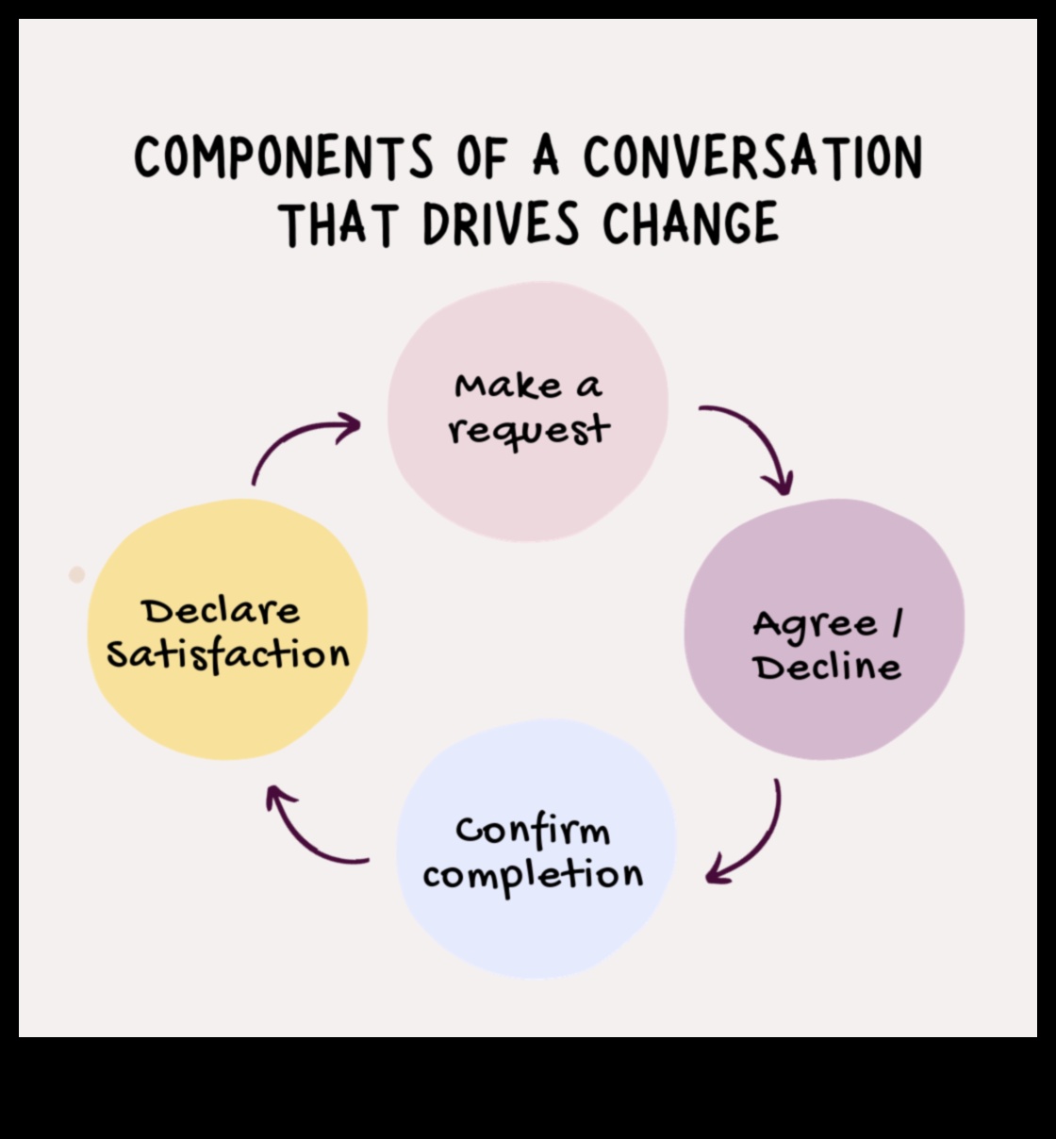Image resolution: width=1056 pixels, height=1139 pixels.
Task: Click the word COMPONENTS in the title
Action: click(284, 157)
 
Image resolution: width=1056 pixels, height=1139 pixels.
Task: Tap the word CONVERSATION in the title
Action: click(752, 157)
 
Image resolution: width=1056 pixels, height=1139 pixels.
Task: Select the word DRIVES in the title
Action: click(500, 224)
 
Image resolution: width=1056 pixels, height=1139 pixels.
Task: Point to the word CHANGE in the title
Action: click(691, 224)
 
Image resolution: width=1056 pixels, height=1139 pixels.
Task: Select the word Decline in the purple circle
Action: click(827, 668)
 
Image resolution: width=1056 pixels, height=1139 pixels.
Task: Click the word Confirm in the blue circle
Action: click(533, 832)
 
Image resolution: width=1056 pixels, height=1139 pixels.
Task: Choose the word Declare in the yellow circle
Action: click(222, 611)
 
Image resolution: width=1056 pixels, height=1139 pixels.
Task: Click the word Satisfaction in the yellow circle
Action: click(227, 654)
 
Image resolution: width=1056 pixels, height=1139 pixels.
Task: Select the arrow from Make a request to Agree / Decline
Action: click(754, 443)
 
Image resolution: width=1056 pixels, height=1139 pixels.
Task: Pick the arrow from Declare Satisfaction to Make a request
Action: click(297, 442)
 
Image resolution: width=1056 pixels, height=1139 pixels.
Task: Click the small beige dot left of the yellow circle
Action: click(77, 574)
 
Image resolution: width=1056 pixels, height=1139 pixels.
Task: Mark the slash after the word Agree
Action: click(896, 624)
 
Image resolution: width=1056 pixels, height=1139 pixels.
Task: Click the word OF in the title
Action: click(483, 157)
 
